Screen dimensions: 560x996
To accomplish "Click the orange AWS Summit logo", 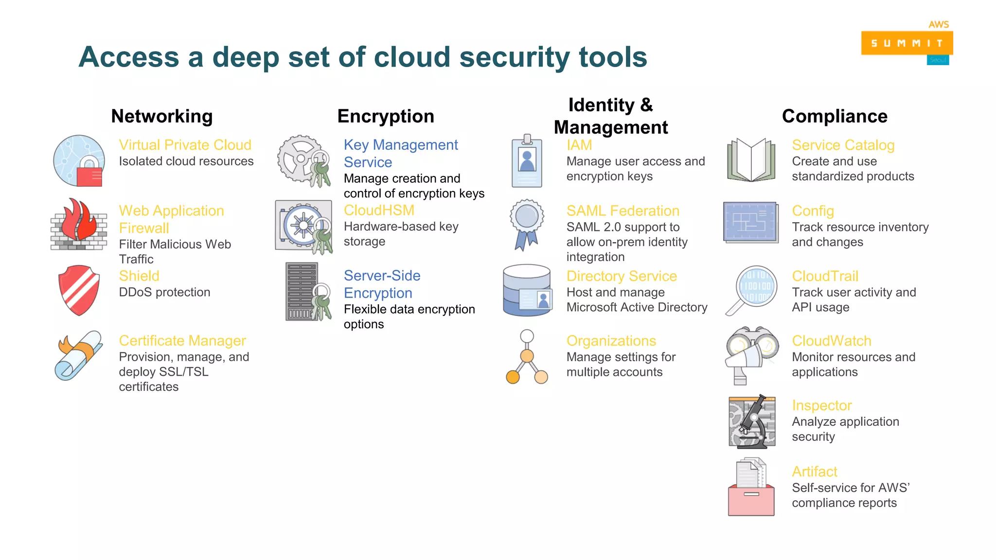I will click(907, 43).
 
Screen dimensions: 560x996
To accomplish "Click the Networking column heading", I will click(162, 116).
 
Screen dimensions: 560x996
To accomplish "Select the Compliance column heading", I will click(835, 116).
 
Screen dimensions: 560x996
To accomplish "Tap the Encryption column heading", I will click(386, 116).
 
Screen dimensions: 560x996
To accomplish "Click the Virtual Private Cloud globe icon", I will click(79, 161).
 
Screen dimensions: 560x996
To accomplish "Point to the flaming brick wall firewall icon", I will click(79, 225).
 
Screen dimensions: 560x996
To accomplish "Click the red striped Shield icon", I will click(79, 290).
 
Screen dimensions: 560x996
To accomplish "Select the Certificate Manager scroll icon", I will click(79, 356).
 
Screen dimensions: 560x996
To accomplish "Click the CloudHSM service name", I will click(379, 210).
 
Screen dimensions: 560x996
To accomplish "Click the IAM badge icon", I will click(527, 162).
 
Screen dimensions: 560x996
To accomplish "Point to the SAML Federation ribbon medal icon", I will click(527, 224).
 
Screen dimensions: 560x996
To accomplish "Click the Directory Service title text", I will click(622, 276).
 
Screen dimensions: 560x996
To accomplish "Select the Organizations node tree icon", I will click(527, 357).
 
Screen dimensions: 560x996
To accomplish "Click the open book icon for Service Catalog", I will click(751, 160).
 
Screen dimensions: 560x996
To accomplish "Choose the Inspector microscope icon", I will click(752, 421).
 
